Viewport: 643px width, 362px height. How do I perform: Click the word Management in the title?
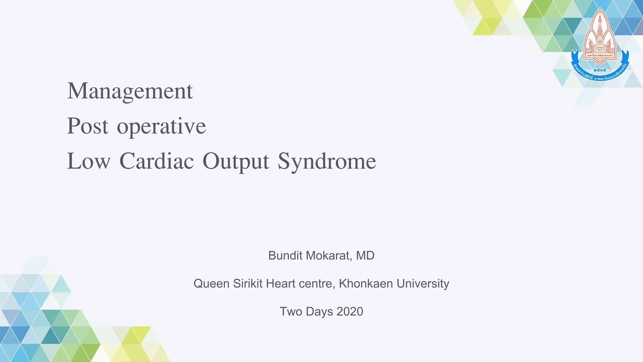130,91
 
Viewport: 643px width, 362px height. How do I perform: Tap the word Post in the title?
88,126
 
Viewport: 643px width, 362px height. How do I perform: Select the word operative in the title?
161,127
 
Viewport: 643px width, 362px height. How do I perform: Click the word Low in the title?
89,161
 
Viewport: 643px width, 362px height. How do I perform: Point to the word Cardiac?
156,161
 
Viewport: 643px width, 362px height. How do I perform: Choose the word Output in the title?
236,162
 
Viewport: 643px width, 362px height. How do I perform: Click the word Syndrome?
327,162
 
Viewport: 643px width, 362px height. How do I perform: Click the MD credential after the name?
365,255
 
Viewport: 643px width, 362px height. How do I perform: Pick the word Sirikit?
248,283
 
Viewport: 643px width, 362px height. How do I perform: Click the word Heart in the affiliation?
281,283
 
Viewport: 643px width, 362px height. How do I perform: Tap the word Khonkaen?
366,284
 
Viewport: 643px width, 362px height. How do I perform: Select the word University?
423,284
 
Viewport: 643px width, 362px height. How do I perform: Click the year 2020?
350,311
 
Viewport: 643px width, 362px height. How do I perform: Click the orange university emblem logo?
600,35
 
